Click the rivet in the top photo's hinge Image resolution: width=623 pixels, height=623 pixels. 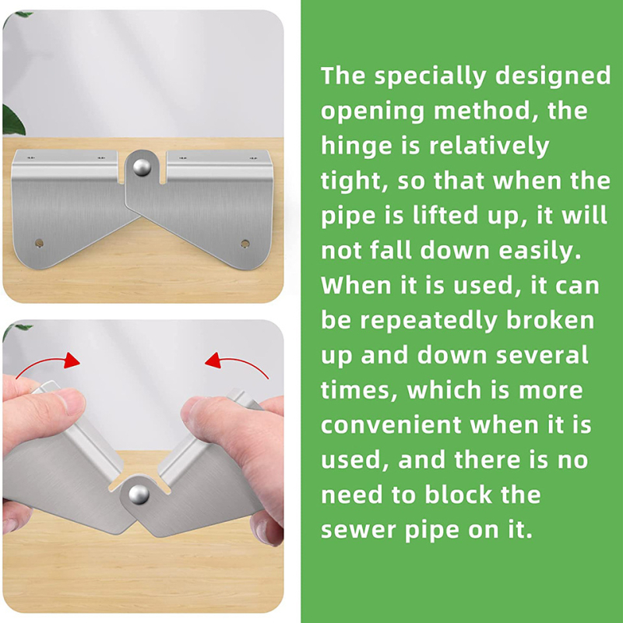pos(142,167)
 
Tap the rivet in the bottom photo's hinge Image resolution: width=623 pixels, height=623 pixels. pos(139,495)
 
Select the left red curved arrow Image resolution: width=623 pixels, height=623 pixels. pos(48,362)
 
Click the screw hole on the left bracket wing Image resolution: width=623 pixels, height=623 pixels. pos(39,243)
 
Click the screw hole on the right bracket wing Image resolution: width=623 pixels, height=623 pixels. pos(245,244)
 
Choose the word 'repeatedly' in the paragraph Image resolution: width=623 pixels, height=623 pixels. pos(429,321)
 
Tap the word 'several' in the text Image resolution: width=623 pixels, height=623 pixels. pos(542,355)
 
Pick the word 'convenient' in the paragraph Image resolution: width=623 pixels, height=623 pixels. pos(391,425)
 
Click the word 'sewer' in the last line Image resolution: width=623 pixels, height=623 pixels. pos(357,530)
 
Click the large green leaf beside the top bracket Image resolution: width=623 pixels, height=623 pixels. pos(12,120)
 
